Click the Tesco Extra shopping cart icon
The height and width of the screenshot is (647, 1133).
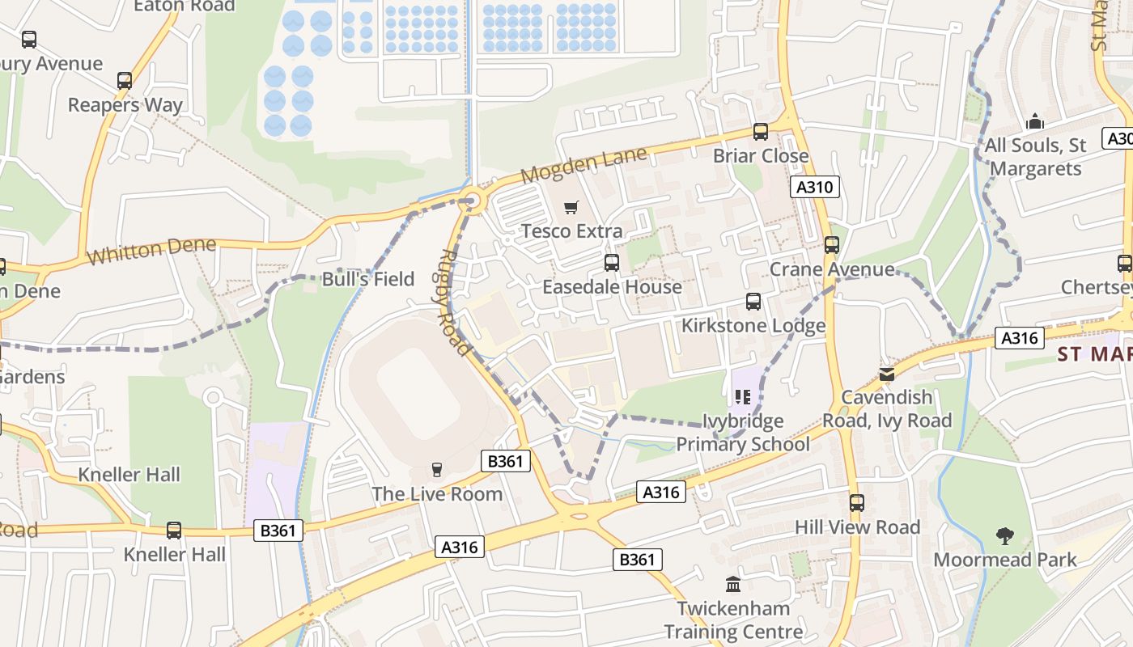coord(571,208)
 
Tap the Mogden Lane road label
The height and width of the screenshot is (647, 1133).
coord(584,164)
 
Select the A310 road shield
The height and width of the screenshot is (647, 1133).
coord(814,188)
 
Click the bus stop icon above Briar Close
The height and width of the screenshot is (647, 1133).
coord(760,131)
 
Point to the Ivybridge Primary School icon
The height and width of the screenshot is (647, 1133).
coord(743,396)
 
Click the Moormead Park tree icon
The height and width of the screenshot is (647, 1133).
coord(1005,535)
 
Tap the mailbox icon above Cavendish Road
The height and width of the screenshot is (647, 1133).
coord(887,374)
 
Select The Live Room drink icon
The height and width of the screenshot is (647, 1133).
coord(437,470)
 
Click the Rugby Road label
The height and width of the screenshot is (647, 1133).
coord(453,302)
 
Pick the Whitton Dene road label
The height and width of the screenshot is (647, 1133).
coord(152,251)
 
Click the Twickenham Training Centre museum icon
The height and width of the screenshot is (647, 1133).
coord(733,584)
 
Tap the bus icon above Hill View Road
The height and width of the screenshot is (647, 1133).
coord(857,503)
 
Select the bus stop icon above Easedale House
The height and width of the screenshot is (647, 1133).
coord(612,263)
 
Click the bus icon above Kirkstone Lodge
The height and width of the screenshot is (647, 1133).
coord(753,302)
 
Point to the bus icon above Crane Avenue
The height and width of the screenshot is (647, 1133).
coord(831,245)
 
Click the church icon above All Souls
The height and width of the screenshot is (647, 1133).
coord(1034,122)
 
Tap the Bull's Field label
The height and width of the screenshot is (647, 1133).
coord(368,279)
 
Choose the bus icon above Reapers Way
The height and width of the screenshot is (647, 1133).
coord(125,81)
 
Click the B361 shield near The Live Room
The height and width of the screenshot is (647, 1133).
coord(506,461)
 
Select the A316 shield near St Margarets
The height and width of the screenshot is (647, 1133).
coord(1019,338)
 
